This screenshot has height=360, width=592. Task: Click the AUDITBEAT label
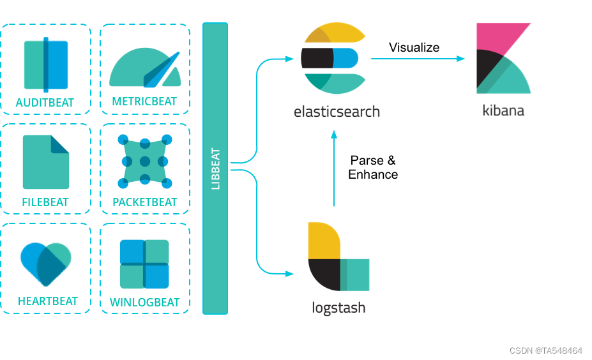(x=45, y=102)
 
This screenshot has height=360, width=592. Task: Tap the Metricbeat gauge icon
(x=145, y=67)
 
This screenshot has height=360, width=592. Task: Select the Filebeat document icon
(x=45, y=162)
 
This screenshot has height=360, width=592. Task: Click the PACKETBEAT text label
(x=145, y=202)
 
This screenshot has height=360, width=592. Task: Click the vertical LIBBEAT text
(x=215, y=169)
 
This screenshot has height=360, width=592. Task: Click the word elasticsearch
(x=337, y=112)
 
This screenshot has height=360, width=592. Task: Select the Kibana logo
(x=504, y=59)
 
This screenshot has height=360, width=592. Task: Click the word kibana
(x=503, y=110)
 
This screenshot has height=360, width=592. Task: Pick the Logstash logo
(x=337, y=256)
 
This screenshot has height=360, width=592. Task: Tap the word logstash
(x=338, y=308)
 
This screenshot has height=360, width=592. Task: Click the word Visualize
(x=414, y=47)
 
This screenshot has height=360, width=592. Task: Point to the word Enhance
(x=373, y=174)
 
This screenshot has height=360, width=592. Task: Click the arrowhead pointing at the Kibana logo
(x=461, y=59)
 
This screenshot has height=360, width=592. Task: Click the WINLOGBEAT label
(x=145, y=302)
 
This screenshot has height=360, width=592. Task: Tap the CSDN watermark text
(x=545, y=350)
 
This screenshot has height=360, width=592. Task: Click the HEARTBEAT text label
(x=48, y=301)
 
